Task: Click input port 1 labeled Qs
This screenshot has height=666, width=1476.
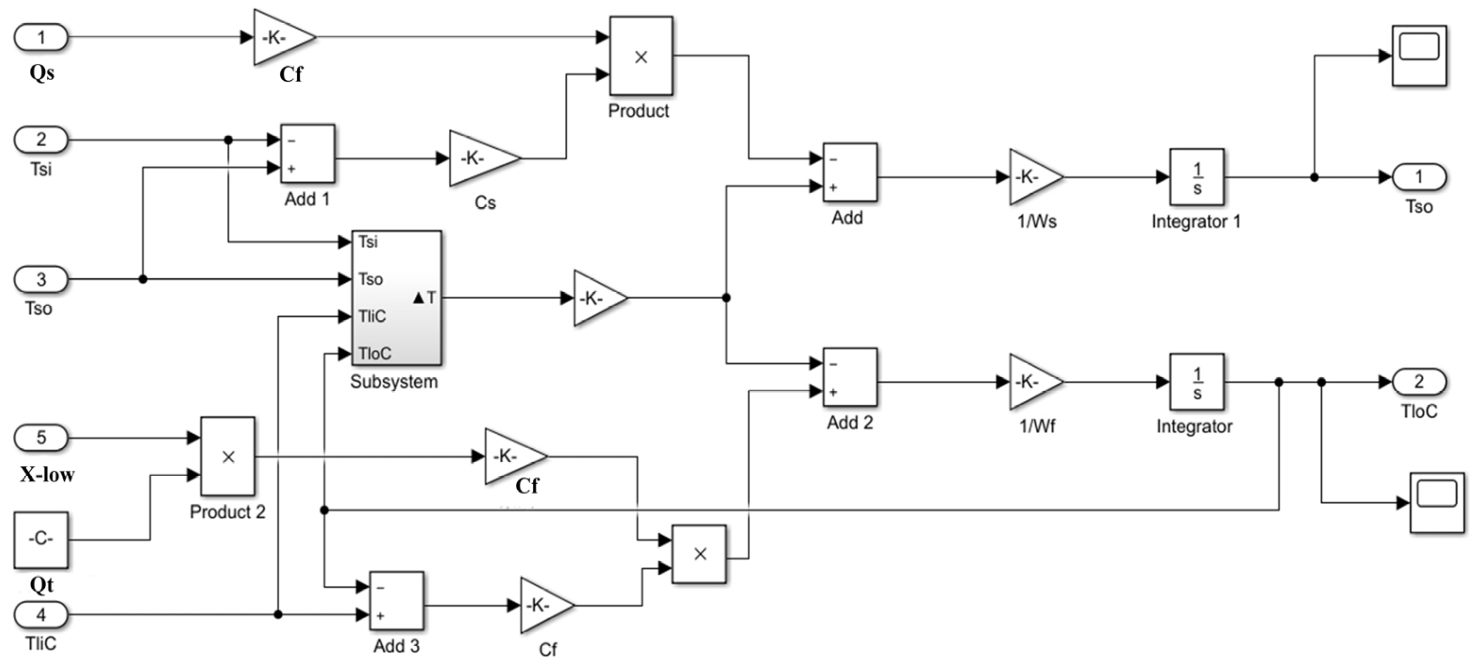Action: pos(41,38)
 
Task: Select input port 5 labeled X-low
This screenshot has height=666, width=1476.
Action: pos(41,438)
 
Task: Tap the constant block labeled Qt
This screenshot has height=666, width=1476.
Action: pos(41,540)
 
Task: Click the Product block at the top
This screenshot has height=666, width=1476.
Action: pos(641,56)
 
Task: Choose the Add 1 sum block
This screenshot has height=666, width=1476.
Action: pos(307,153)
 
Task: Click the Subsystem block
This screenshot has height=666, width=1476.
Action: pos(396,297)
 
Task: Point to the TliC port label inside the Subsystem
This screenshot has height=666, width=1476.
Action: pos(372,316)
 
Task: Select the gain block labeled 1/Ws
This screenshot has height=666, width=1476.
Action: pos(1033,177)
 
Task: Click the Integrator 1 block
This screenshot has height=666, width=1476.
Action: pos(1196,177)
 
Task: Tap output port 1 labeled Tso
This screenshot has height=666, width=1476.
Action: pos(1419,177)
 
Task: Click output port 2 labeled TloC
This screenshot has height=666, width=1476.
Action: pos(1419,382)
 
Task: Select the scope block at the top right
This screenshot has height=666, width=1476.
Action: pos(1419,56)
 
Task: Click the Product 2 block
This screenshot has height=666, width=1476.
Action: pos(227,456)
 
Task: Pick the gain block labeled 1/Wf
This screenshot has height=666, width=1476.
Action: pos(1033,382)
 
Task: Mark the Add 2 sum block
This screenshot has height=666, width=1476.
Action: pos(849,377)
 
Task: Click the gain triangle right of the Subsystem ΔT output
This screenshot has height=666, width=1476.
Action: pos(596,298)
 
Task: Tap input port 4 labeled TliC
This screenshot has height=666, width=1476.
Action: pos(41,615)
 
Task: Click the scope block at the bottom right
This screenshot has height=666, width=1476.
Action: pos(1436,503)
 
